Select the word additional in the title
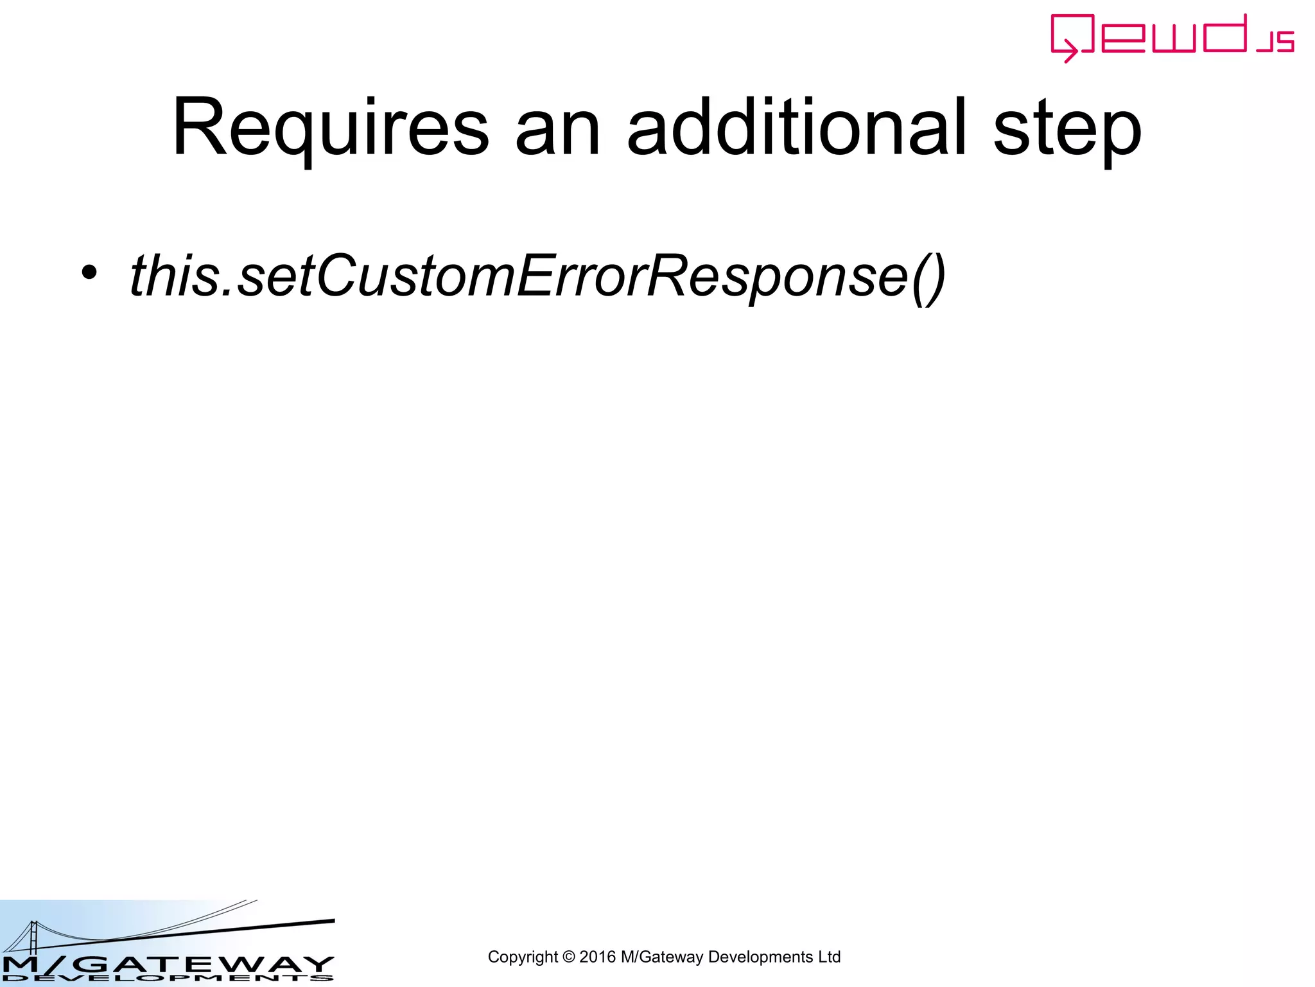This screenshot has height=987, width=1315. [796, 127]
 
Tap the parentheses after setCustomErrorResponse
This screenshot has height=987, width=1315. [928, 277]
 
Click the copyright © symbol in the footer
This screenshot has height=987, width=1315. [568, 957]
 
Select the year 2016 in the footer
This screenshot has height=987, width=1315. [597, 957]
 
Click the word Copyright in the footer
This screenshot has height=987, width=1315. [523, 957]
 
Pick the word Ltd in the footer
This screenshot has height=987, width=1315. [829, 957]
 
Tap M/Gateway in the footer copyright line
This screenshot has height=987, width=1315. [661, 957]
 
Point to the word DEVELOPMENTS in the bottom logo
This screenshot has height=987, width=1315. [167, 978]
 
